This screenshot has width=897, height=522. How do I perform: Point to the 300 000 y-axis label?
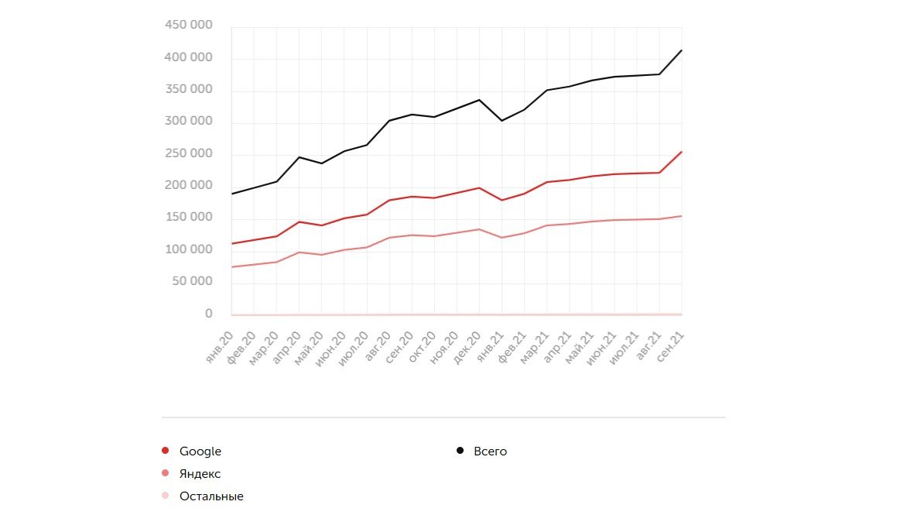point(189,122)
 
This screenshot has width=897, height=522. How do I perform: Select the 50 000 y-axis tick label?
point(192,281)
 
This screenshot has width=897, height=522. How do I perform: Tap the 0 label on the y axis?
point(208,314)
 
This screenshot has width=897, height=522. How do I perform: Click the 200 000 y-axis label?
point(189,185)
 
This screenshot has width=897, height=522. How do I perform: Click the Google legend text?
point(200,452)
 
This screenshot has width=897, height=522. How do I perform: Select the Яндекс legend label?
point(200,474)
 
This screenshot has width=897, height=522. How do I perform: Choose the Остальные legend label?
point(211,496)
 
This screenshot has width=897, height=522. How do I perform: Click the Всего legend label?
point(490,452)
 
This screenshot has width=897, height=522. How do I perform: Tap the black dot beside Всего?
point(460,451)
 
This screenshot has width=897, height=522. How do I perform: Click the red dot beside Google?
point(165,451)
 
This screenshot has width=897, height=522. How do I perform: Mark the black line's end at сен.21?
point(682,50)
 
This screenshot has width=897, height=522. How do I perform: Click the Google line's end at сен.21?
point(682,152)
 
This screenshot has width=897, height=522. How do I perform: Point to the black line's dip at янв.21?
point(502,121)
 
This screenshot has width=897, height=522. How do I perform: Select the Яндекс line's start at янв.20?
point(231,267)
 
